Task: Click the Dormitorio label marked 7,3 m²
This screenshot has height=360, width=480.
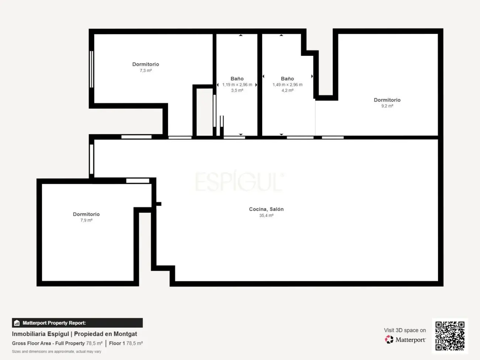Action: coord(145,64)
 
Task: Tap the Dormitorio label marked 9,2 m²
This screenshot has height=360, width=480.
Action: coord(387,100)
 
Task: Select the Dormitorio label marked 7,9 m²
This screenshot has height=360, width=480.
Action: coord(86,214)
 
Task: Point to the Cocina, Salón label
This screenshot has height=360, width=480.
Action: coord(266,209)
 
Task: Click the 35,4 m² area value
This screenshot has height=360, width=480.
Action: coord(266,216)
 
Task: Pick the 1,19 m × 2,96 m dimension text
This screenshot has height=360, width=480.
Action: coord(237,85)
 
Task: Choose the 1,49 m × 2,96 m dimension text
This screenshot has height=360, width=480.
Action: coord(287,85)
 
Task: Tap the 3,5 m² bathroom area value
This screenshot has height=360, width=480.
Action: coord(237,90)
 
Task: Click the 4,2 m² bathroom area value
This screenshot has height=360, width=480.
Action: coord(287,90)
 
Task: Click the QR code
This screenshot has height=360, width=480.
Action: coord(450,336)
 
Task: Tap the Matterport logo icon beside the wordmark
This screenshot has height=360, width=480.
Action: coord(389,339)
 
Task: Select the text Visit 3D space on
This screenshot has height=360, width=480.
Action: coord(405,330)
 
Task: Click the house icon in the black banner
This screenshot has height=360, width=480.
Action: coord(17,323)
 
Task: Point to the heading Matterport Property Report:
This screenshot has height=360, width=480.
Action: coord(54,323)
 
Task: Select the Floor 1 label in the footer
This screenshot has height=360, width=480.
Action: coord(117,343)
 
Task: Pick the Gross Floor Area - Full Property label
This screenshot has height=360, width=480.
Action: coord(48,343)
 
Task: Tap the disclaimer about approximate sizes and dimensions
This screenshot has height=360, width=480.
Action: coord(56,352)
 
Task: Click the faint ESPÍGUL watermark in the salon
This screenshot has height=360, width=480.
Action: coord(239,181)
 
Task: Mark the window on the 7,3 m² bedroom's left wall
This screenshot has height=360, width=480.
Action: coord(92,69)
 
